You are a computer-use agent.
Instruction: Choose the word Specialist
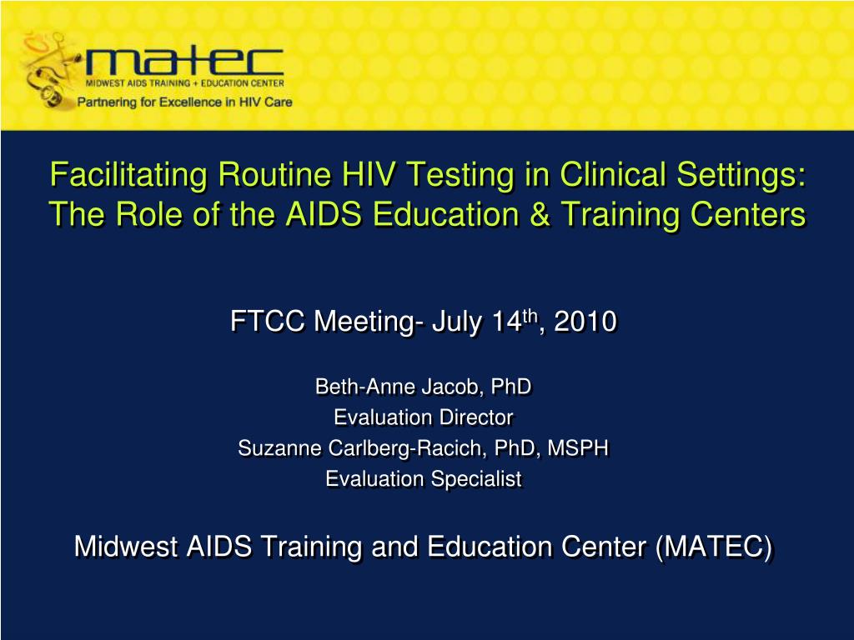pos(477,479)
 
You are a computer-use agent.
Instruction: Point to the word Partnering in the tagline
pos(110,102)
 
